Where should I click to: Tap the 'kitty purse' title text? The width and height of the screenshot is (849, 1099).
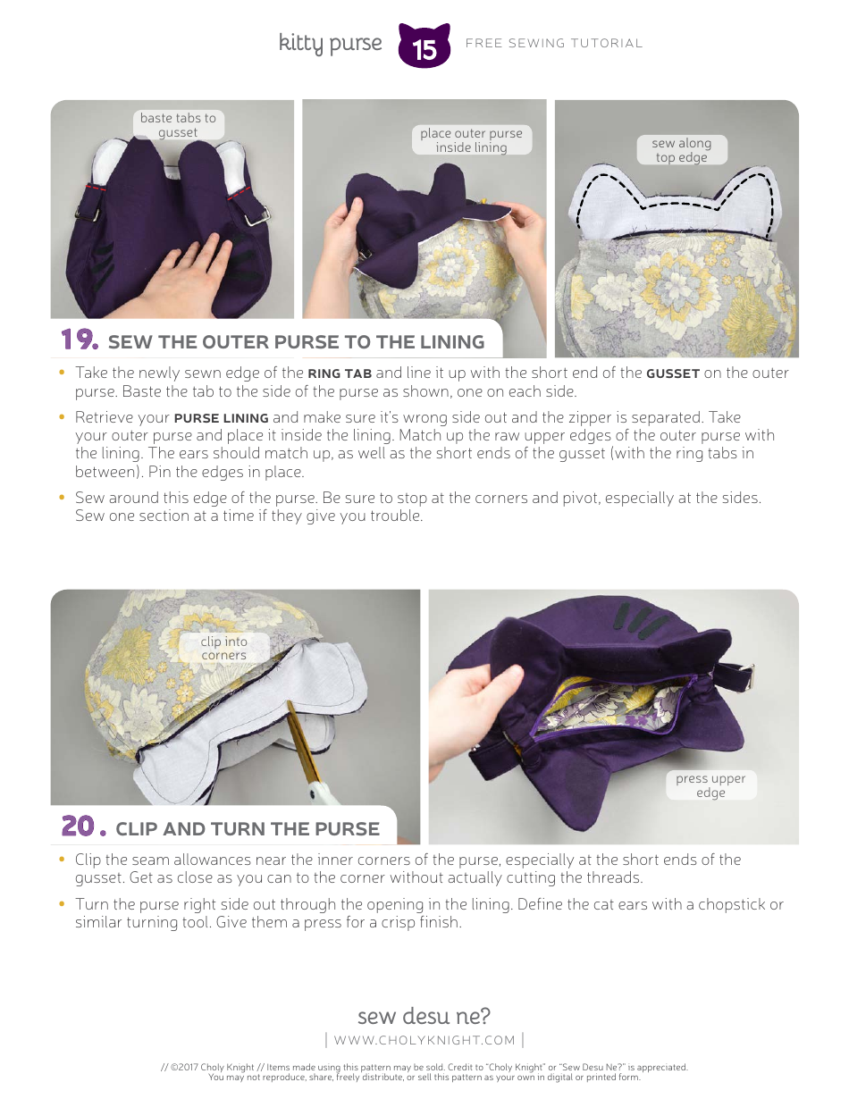pyautogui.click(x=330, y=43)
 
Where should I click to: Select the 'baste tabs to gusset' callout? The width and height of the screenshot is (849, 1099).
pyautogui.click(x=178, y=125)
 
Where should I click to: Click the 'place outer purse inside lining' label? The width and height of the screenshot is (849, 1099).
pyautogui.click(x=471, y=140)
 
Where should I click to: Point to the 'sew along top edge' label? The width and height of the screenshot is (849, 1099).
pyautogui.click(x=681, y=150)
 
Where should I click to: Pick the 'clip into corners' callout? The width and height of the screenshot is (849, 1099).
pyautogui.click(x=223, y=648)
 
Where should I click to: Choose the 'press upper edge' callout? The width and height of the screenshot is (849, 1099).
pyautogui.click(x=710, y=785)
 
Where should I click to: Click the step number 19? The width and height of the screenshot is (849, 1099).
pyautogui.click(x=79, y=340)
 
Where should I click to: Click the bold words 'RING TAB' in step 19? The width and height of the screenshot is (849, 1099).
pyautogui.click(x=340, y=373)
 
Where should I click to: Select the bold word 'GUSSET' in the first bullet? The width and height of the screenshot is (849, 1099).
pyautogui.click(x=673, y=373)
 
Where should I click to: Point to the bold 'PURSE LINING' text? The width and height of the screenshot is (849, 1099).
pyautogui.click(x=221, y=418)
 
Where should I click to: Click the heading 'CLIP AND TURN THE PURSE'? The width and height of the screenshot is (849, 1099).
pyautogui.click(x=248, y=828)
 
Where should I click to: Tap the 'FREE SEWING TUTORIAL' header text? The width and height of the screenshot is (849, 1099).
pyautogui.click(x=554, y=43)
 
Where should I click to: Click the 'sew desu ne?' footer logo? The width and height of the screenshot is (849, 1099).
pyautogui.click(x=424, y=1016)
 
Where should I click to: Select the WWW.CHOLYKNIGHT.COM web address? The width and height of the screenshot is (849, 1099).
pyautogui.click(x=424, y=1040)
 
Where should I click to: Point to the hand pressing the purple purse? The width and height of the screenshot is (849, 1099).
pyautogui.click(x=183, y=268)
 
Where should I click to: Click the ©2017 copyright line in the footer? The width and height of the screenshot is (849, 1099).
pyautogui.click(x=424, y=1067)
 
